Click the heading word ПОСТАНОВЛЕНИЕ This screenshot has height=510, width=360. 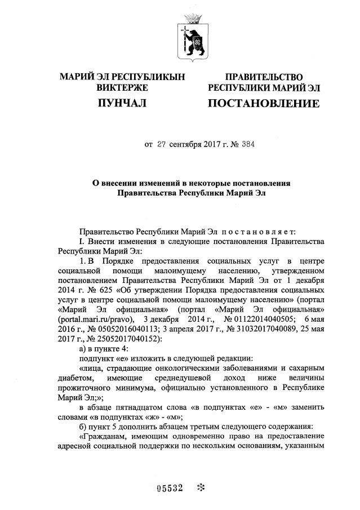tap(264, 104)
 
